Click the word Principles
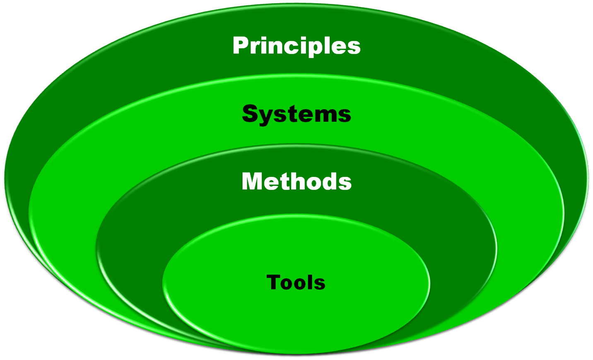pyautogui.click(x=296, y=46)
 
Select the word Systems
pyautogui.click(x=296, y=114)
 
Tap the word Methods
pyautogui.click(x=296, y=181)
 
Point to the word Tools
pyautogui.click(x=296, y=283)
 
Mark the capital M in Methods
pyautogui.click(x=253, y=181)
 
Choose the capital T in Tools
pyautogui.click(x=274, y=283)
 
